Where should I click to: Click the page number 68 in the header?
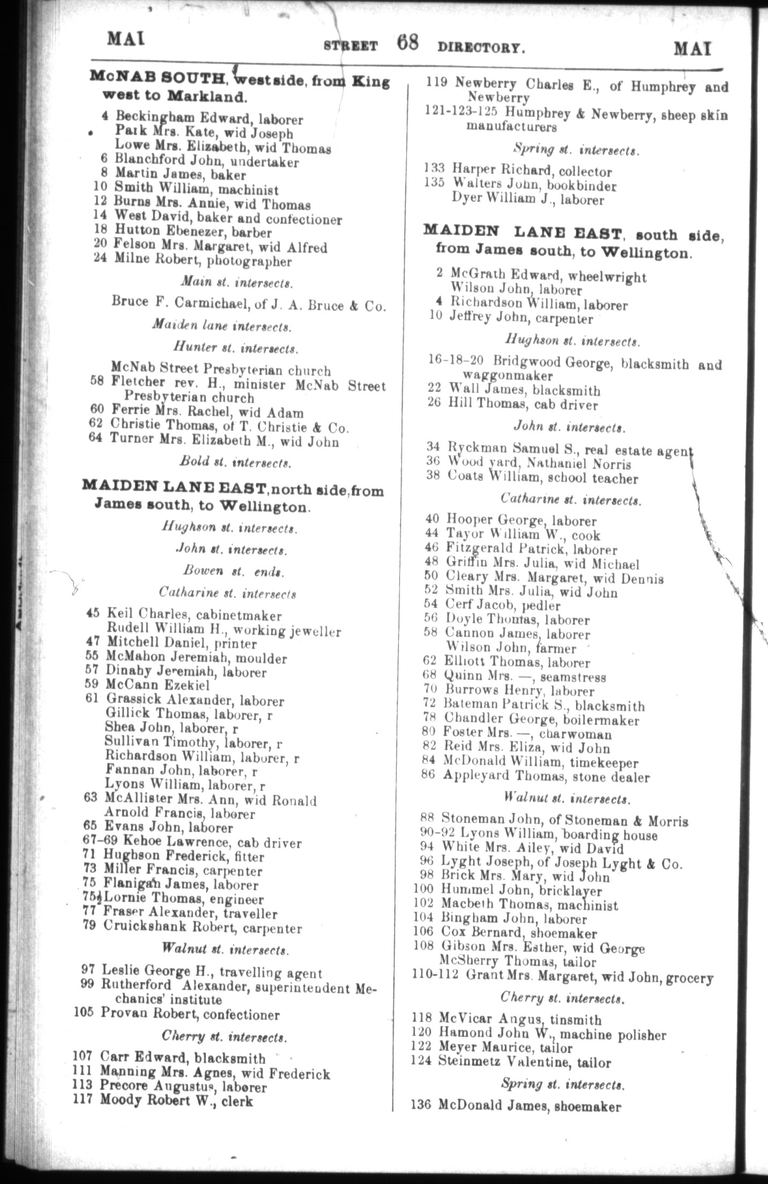coord(408,43)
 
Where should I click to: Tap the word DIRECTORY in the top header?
coord(481,47)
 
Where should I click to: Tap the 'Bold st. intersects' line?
coord(236,462)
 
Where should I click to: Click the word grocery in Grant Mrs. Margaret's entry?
coord(691,978)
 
